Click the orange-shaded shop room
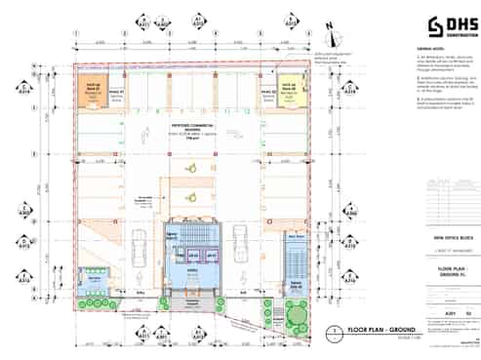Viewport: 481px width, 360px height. pyautogui.click(x=94, y=89)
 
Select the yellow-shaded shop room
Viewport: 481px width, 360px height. pyautogui.click(x=289, y=89)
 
